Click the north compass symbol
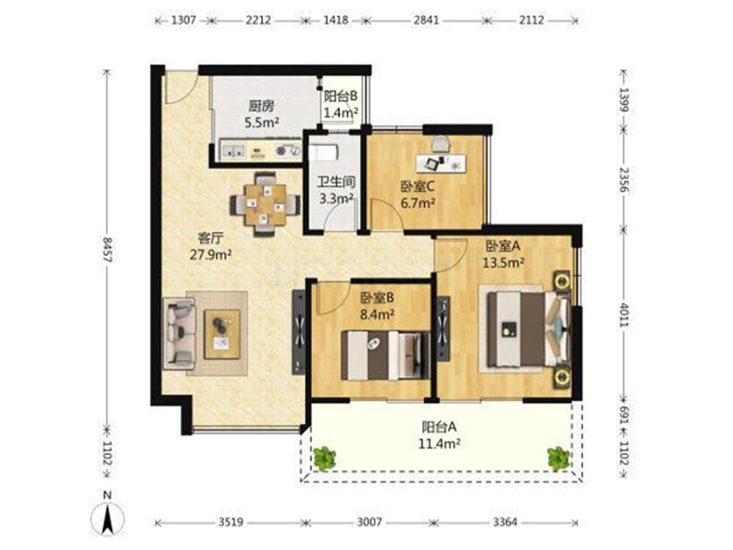coord(108,519)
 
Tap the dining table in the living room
coord(265,204)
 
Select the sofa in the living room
coord(178,333)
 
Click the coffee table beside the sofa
coord(222,334)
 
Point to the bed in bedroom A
coord(529,328)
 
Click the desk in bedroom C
coord(441,162)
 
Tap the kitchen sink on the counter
coord(234,150)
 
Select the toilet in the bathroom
coord(322,152)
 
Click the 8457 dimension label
coord(107,249)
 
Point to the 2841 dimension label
coord(426,20)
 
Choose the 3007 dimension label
coord(370,522)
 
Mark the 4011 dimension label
coord(624,314)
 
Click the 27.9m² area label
coord(211,255)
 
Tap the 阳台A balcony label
coord(440,426)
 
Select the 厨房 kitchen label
coord(261,106)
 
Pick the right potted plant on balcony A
coord(559,457)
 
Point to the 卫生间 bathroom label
coord(336,181)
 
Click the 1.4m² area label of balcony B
coord(341,113)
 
